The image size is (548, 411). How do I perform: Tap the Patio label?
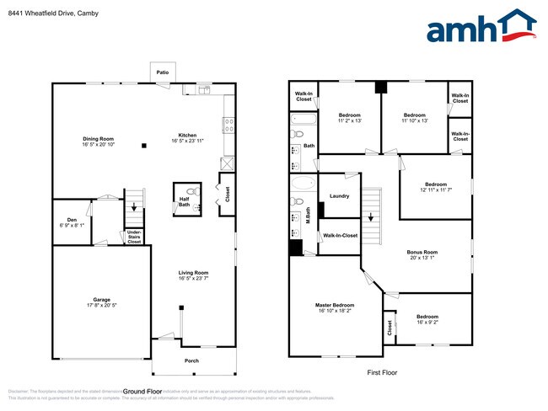pos(162,72)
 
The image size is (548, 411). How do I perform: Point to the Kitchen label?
pos(188,135)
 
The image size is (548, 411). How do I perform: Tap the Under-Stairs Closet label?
pos(133,236)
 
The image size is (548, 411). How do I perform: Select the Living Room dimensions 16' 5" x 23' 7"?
pos(193,277)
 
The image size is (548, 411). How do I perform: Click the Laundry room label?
pos(339,195)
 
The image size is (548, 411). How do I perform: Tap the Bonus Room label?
pos(422,252)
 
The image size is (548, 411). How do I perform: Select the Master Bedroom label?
pos(335,305)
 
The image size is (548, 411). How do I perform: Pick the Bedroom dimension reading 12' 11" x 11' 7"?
pos(435,190)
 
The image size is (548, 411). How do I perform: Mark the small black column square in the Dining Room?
pos(143,144)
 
